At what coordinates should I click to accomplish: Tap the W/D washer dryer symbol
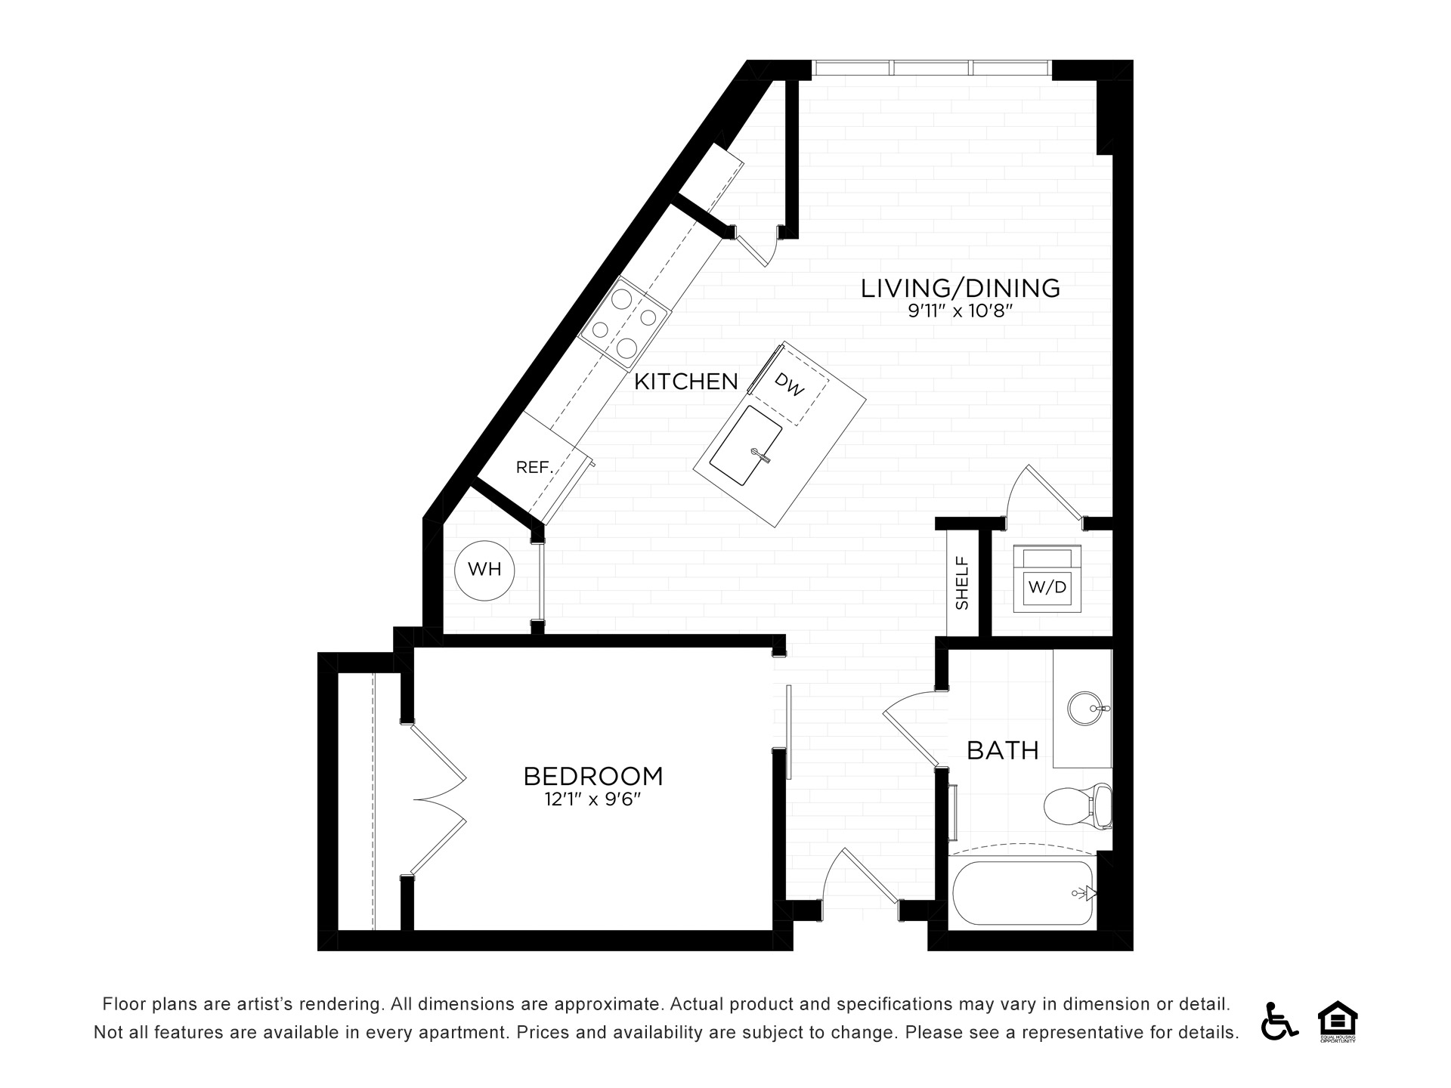[x=1047, y=578]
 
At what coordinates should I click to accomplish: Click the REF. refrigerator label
[x=535, y=468]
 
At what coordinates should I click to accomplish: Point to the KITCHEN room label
[x=686, y=382]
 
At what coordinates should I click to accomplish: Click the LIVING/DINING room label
[x=961, y=288]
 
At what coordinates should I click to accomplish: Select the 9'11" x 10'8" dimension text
[x=960, y=311]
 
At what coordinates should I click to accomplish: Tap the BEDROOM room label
[x=593, y=776]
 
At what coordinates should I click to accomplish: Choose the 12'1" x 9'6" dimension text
[x=592, y=799]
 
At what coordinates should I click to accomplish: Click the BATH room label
[x=1003, y=750]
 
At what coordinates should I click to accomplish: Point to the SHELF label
[x=962, y=583]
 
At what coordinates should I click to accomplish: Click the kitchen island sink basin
[x=745, y=447]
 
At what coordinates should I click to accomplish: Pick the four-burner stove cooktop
[x=624, y=323]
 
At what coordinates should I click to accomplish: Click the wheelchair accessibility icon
[x=1279, y=1021]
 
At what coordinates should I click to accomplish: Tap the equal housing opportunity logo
[x=1338, y=1022]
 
